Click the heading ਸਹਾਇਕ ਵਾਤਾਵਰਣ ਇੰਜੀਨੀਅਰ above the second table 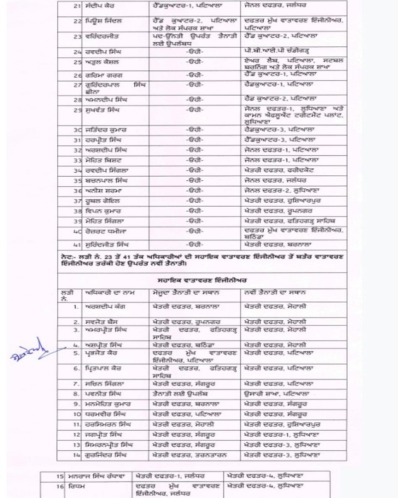[x=199, y=281]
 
